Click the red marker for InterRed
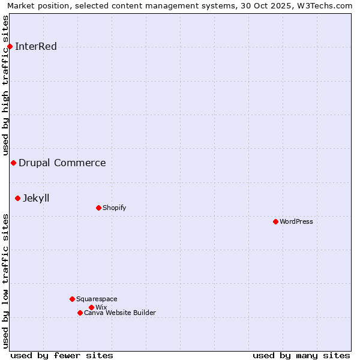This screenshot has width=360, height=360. [10, 46]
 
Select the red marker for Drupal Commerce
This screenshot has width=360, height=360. [13, 163]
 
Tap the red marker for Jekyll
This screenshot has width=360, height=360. [17, 198]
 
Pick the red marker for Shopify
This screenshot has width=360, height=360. [98, 208]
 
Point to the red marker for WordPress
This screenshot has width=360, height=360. [275, 221]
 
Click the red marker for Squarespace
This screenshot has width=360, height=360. [72, 299]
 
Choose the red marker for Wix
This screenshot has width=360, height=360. [91, 307]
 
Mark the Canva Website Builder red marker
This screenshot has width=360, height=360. [80, 313]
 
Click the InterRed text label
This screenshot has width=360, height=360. [36, 47]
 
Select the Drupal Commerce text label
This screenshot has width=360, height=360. [62, 163]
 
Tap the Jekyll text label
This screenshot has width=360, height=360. [36, 198]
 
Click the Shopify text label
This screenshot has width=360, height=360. [114, 208]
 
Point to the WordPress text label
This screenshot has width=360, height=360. [296, 221]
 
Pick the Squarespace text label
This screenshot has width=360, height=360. [97, 299]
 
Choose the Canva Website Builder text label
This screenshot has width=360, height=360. [120, 313]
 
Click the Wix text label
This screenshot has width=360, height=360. [101, 307]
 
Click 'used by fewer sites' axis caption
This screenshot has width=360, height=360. [62, 355]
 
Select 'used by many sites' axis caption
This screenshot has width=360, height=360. [301, 355]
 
